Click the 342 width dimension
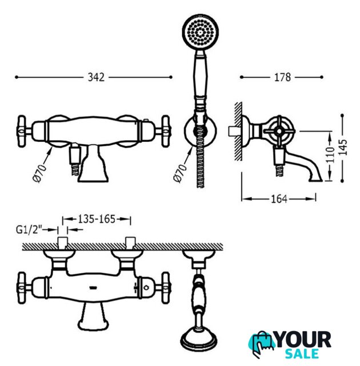[x=96, y=77]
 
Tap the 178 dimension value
[x=282, y=77]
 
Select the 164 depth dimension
[x=279, y=199]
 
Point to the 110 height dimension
[x=330, y=155]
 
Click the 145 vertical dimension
[x=342, y=147]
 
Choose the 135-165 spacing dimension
[x=97, y=219]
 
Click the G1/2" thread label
[x=29, y=230]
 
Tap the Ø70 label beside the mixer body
[x=40, y=173]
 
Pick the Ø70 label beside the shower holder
[x=180, y=173]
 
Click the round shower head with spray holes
[x=200, y=32]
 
